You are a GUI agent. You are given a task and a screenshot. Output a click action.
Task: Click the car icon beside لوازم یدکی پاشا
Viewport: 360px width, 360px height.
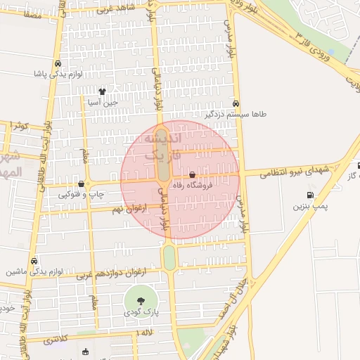(56, 62)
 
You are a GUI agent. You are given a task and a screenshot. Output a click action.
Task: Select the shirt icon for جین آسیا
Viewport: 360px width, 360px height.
(103, 91)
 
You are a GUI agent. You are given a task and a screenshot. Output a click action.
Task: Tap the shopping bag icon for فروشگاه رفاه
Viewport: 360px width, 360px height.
(193, 174)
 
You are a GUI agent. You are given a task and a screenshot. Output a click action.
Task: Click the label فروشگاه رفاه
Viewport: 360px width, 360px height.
(196, 186)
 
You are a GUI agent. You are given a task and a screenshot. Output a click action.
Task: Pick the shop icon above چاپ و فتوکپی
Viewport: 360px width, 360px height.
(82, 184)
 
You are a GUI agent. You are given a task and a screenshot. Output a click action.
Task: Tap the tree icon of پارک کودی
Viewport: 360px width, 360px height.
(141, 300)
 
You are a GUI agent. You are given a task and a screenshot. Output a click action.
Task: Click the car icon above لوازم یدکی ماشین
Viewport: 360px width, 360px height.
(34, 260)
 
